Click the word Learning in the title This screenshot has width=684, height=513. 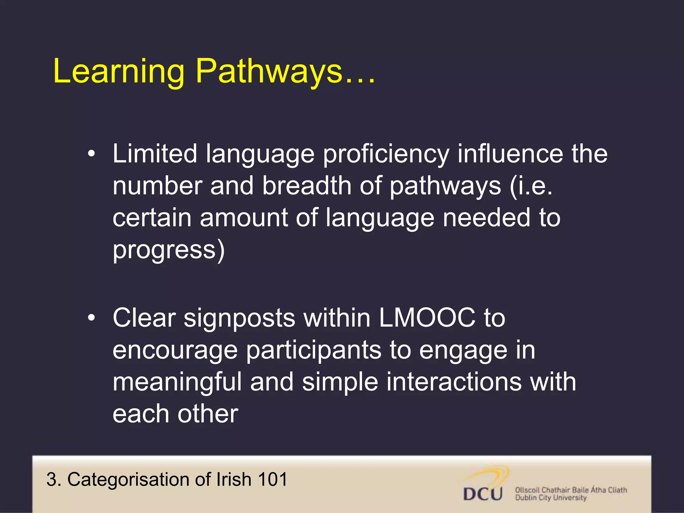[119, 71]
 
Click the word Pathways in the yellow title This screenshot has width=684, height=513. [269, 71]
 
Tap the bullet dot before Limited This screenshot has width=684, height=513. [91, 154]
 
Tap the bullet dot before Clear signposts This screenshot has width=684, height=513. [91, 318]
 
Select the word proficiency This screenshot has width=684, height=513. [386, 154]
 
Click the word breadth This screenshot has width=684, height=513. [307, 186]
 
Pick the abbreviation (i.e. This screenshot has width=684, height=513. [531, 186]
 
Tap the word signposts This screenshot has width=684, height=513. [239, 318]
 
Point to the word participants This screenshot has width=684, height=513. [314, 350]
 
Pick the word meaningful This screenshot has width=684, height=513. [177, 382]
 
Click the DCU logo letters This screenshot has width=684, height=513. [483, 494]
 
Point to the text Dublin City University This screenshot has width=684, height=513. [551, 498]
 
